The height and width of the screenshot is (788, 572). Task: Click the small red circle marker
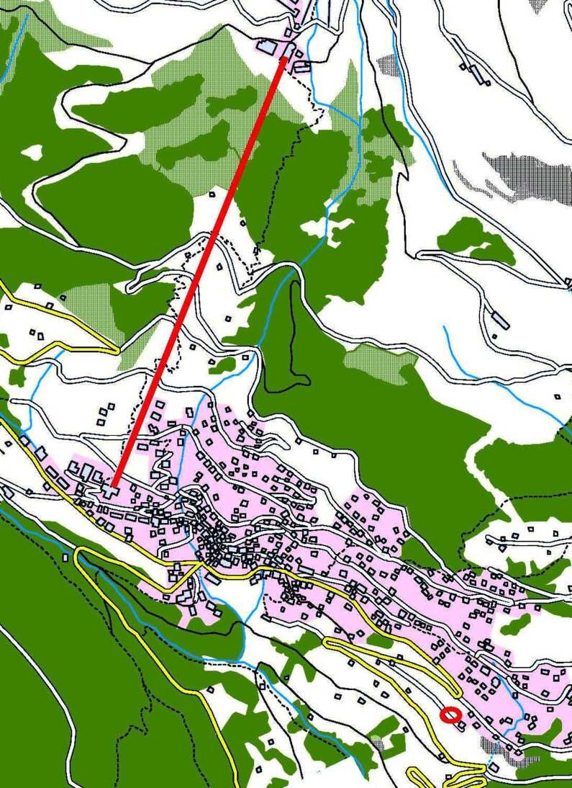point(450,715)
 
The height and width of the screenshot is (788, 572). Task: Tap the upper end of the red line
point(283,58)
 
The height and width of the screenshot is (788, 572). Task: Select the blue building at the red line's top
point(268,47)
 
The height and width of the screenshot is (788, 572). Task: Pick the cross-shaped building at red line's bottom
point(109,491)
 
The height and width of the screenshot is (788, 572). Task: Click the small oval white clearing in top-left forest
point(32,152)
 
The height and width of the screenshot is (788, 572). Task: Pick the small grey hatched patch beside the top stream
point(389,65)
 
